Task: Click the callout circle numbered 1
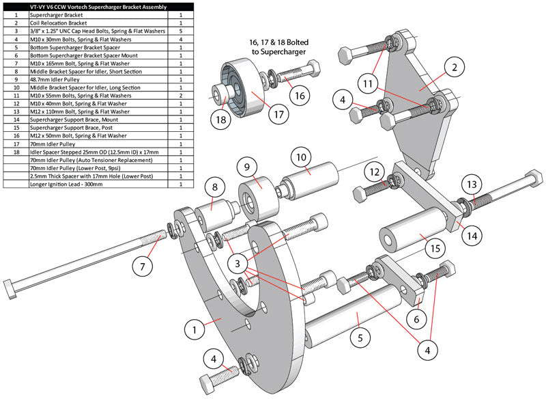pyautogui.click(x=195, y=329)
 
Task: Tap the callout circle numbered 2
pyautogui.click(x=455, y=67)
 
